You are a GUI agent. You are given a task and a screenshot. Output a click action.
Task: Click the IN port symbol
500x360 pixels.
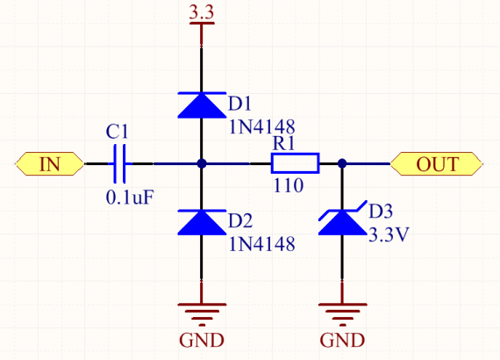pos(50,163)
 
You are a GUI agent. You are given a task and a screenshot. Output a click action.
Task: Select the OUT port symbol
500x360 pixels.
pos(437,163)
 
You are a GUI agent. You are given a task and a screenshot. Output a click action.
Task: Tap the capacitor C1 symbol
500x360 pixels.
pos(119,163)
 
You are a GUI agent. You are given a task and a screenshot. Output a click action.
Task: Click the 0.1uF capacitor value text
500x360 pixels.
pos(130,198)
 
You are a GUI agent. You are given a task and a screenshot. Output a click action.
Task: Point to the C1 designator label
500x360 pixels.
pos(117,132)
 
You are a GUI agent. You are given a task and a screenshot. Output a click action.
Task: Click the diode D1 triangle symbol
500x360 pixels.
pos(202,105)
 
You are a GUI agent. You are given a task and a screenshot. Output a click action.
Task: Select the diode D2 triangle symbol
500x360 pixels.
pos(202,222)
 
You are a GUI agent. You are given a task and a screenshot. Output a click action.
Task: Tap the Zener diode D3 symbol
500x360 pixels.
pos(342,220)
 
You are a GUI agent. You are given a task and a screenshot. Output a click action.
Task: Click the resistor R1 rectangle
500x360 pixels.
pos(296,163)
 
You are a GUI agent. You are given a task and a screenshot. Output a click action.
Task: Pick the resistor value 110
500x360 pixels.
pos(289,186)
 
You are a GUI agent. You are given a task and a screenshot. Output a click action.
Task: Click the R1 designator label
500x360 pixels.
pos(283,143)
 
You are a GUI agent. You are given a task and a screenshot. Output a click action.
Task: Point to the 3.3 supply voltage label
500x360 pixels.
pos(202,12)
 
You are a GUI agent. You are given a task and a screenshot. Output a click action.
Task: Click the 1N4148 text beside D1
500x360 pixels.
pos(261,127)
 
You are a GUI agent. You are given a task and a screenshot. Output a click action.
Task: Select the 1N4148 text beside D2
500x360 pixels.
pos(261,244)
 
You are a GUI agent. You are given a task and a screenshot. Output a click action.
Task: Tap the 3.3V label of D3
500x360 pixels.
pos(389,235)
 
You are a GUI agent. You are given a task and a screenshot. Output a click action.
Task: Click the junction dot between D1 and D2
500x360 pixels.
pos(202,163)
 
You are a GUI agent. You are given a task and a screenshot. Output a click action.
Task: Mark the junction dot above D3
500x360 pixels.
pos(342,163)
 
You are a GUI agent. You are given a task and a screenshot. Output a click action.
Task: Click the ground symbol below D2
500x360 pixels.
pos(202,314)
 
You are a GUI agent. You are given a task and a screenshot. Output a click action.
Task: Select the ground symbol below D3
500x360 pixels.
pos(342,314)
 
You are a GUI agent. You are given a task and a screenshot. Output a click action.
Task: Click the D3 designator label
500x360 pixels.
pos(381,212)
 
